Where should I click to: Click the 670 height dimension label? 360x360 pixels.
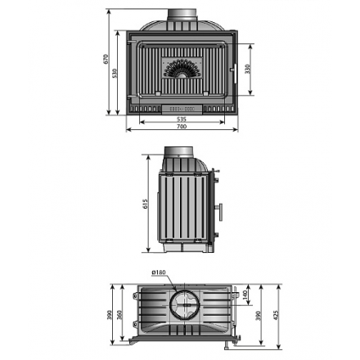tap(106, 61)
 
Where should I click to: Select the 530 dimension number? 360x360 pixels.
tap(115, 73)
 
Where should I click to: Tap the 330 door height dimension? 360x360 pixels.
tap(248, 69)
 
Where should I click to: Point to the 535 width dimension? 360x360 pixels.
tap(181, 119)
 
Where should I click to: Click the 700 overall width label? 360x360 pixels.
tap(182, 126)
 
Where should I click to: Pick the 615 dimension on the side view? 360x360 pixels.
tap(147, 205)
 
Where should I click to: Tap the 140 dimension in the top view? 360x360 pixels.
tap(244, 295)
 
